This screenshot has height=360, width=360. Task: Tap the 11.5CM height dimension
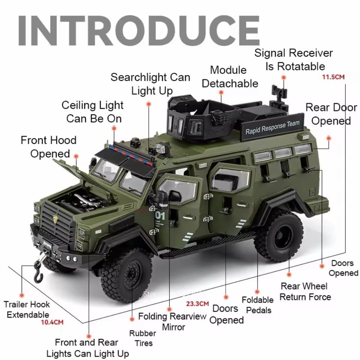tap(333, 77)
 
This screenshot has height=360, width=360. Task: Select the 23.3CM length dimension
tap(197, 303)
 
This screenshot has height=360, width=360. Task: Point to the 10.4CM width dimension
tap(52, 322)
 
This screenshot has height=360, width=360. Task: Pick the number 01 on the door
tap(160, 216)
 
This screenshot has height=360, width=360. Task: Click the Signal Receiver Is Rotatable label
tap(294, 60)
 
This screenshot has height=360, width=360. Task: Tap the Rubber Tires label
tap(142, 338)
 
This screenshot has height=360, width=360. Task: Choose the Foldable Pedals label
tap(257, 305)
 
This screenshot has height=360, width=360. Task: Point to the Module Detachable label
tap(229, 76)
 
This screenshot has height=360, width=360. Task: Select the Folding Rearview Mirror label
tap(172, 321)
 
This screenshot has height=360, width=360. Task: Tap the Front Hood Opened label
tap(49, 147)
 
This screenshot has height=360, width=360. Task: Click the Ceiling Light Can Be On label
tap(93, 112)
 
